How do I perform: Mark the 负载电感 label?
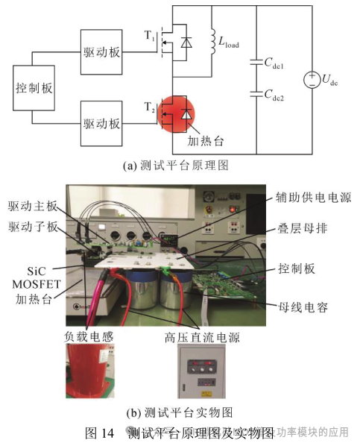88,336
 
